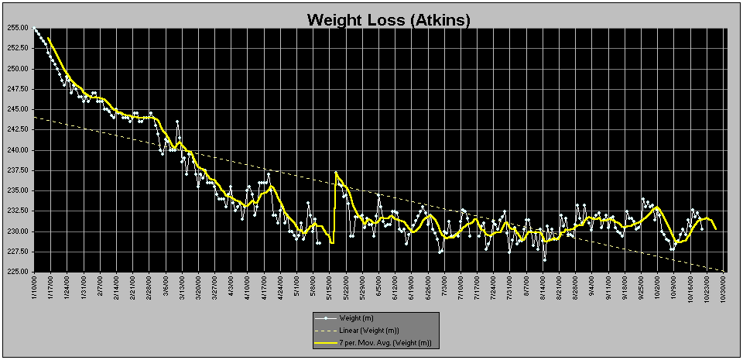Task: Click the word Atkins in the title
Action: [441, 19]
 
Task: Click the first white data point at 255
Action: [35, 28]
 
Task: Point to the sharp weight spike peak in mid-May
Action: [336, 173]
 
